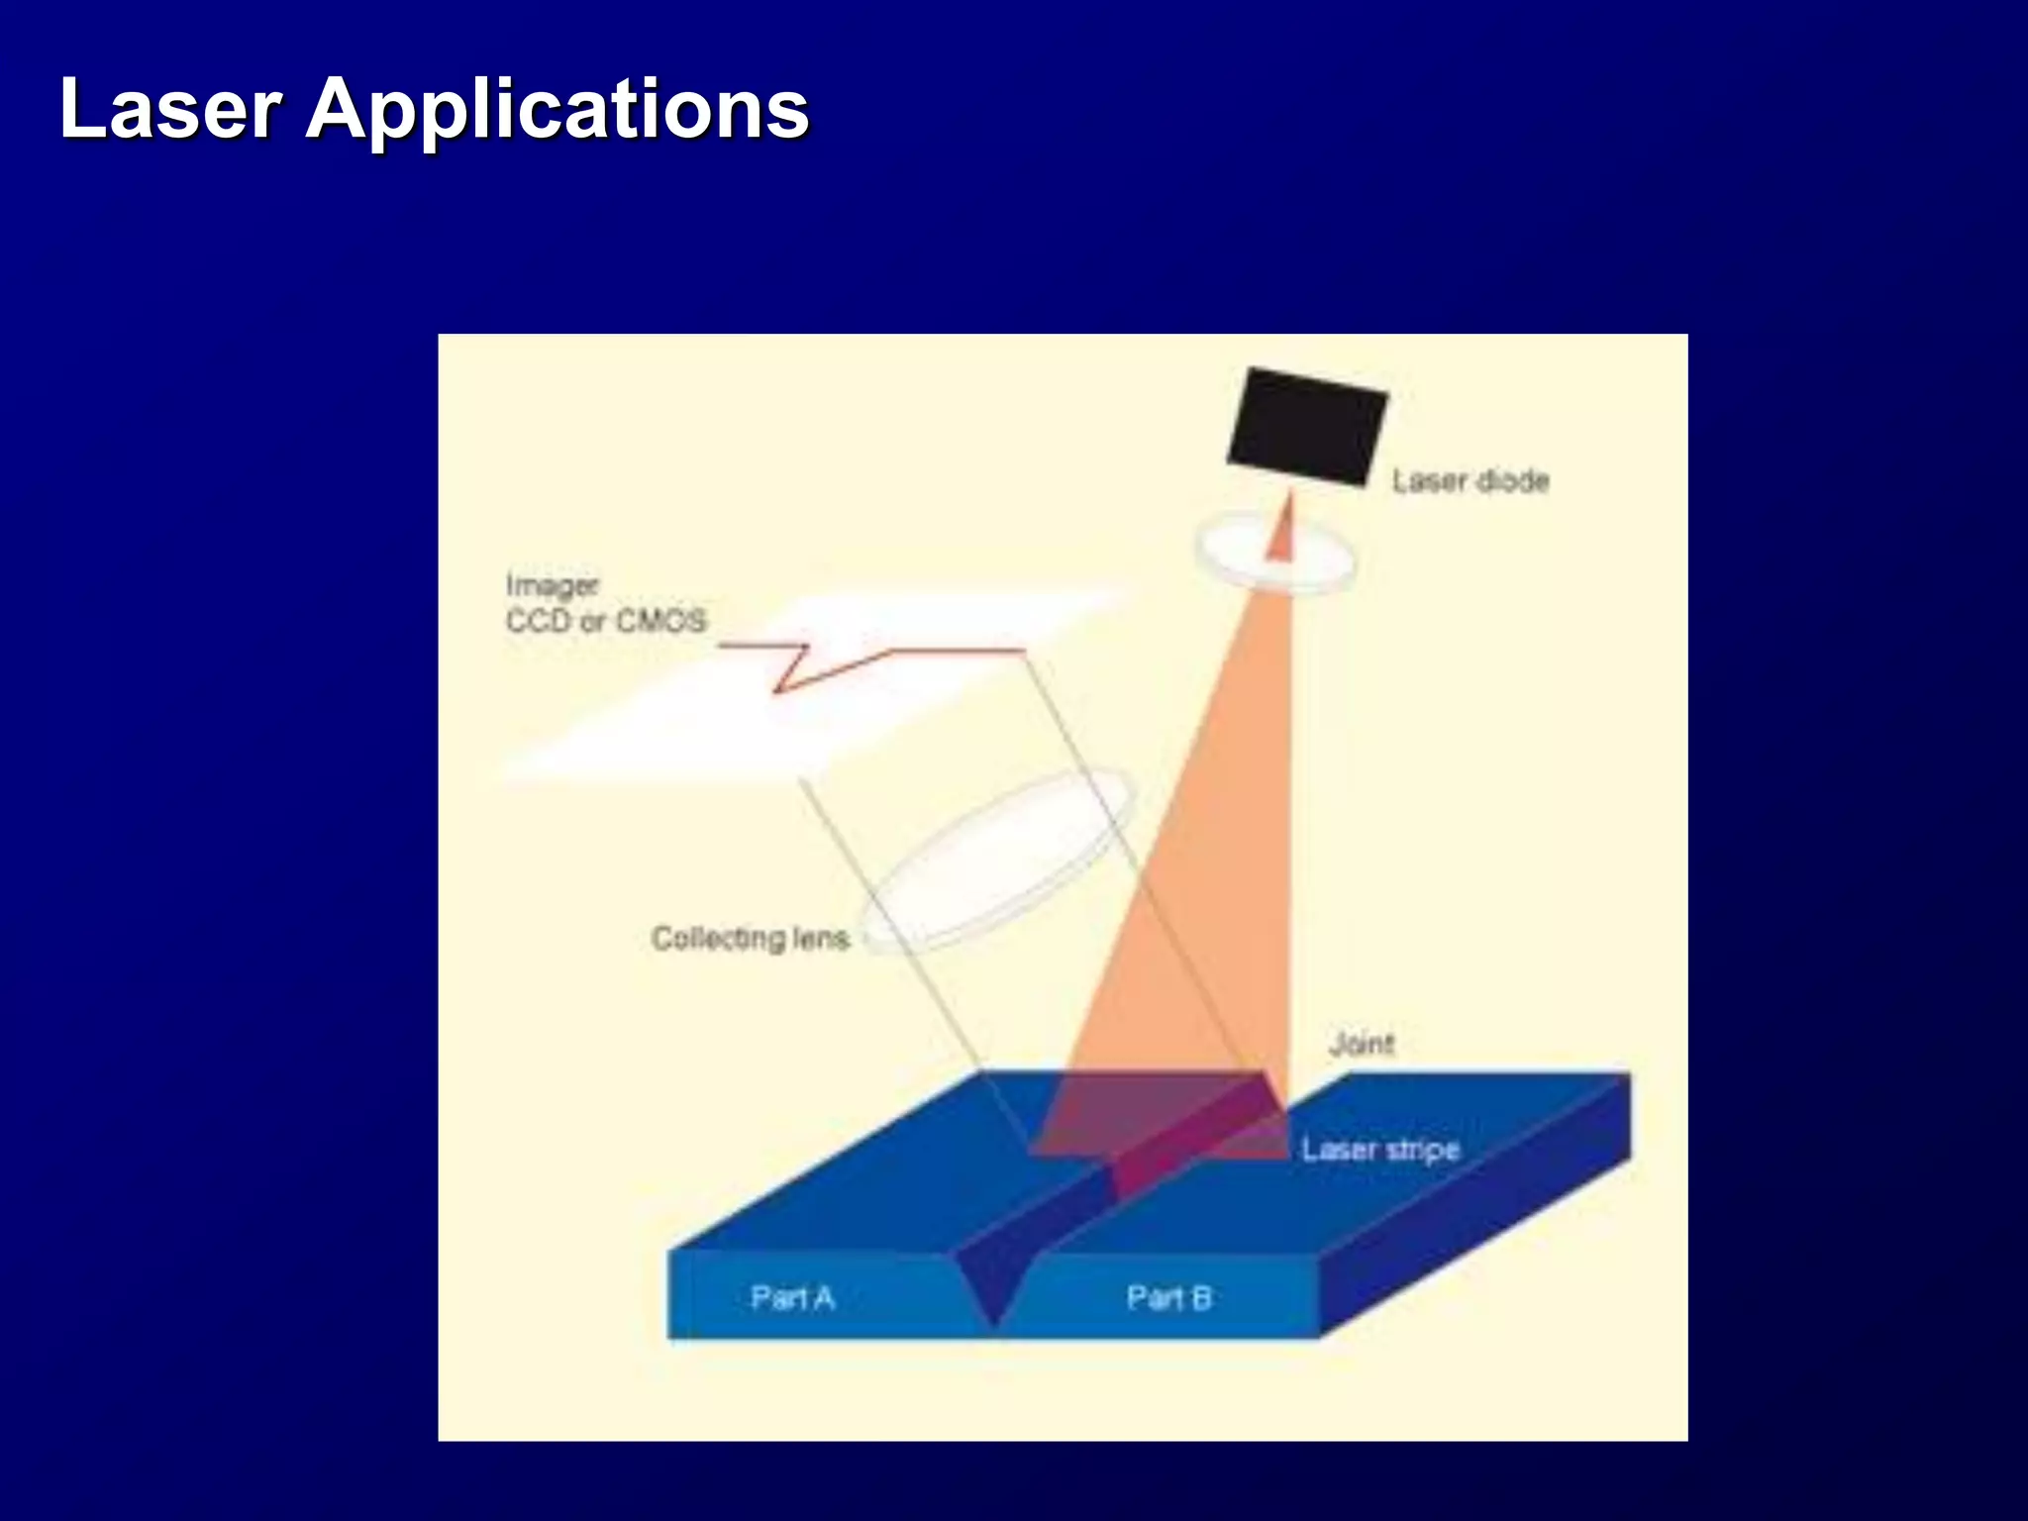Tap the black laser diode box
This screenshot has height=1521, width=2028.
pos(1307,427)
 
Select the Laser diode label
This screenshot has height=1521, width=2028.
pos(1470,481)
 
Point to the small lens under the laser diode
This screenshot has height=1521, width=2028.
pos(1275,555)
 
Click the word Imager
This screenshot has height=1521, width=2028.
pos(552,585)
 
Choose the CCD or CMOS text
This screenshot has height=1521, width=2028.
pos(606,622)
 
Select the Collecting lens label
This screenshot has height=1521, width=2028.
pos(751,938)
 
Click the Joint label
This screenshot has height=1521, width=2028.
pos(1362,1044)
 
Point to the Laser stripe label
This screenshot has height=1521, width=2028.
pos(1380,1150)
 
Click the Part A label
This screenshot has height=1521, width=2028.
pos(792,1297)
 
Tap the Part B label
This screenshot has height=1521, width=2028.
pos(1169,1297)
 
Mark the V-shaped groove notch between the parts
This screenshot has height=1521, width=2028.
pos(994,1287)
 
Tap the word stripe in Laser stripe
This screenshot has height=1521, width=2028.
pos(1423,1150)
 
